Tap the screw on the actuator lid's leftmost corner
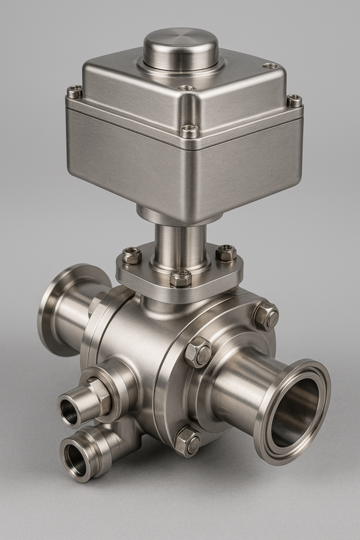point(74,92)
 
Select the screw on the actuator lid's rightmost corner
point(294,100)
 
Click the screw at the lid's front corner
point(189,130)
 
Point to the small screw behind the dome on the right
point(270,66)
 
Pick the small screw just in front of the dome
point(186,88)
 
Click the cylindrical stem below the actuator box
point(180,245)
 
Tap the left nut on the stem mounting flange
point(132,256)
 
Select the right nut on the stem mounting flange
point(226,253)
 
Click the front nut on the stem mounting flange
point(180,278)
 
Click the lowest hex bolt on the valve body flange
point(188,441)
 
